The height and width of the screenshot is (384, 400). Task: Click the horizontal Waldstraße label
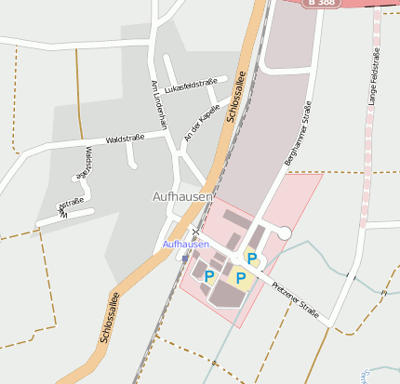125,138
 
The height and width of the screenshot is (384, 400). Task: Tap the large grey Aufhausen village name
182,197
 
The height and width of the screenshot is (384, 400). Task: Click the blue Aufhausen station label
185,244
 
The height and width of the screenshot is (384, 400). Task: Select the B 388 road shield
327,4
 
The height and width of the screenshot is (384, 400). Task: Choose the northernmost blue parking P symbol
250,257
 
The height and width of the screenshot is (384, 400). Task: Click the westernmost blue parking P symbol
208,276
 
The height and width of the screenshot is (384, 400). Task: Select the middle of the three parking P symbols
240,277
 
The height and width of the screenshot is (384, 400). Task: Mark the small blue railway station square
185,258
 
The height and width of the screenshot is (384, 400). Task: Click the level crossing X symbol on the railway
195,232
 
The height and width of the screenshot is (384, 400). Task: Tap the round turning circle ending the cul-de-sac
285,232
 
